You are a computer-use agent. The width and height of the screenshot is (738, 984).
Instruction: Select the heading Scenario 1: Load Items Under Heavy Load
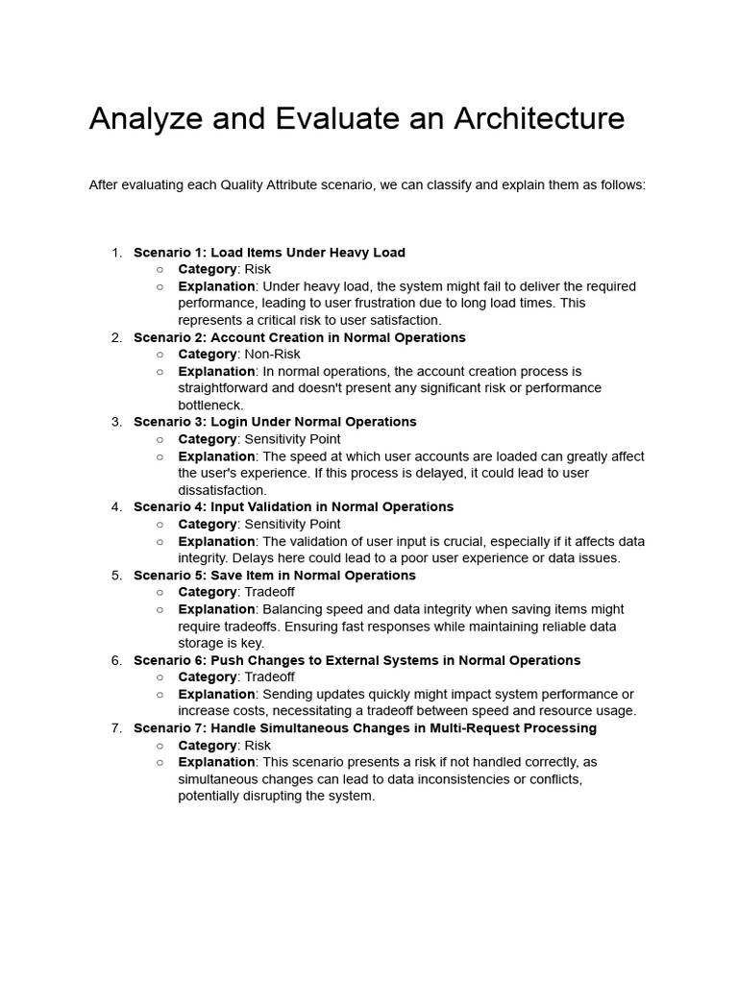[269, 253]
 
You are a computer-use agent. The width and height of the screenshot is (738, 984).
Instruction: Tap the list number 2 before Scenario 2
[116, 337]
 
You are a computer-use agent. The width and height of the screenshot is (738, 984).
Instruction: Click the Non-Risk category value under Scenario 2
[273, 355]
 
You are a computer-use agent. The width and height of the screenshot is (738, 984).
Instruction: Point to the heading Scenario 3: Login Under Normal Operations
[275, 422]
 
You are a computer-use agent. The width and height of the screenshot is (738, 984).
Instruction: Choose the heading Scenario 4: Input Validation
[293, 506]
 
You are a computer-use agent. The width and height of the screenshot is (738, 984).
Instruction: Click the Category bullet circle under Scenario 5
[160, 593]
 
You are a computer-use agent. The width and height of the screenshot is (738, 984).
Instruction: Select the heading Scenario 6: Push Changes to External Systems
[357, 660]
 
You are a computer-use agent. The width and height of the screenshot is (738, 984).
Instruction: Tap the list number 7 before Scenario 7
[116, 728]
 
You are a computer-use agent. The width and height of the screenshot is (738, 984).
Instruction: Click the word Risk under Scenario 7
[258, 746]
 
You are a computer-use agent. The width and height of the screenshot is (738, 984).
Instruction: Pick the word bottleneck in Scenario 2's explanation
[210, 406]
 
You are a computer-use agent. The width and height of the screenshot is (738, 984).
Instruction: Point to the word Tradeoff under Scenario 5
[270, 592]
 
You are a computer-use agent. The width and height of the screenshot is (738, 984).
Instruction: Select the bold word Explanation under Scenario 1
[217, 286]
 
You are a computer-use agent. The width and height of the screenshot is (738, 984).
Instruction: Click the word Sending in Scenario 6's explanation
[287, 694]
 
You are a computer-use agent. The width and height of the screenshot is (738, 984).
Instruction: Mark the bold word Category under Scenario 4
[208, 524]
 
